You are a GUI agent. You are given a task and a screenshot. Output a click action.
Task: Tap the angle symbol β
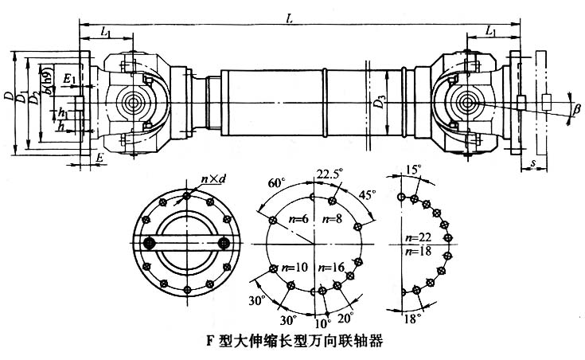coord(577,108)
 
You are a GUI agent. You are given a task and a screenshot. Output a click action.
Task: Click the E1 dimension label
coord(71,80)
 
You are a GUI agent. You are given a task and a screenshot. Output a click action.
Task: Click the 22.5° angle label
coord(325,175)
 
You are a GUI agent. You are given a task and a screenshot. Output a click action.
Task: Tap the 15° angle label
coord(412,170)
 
